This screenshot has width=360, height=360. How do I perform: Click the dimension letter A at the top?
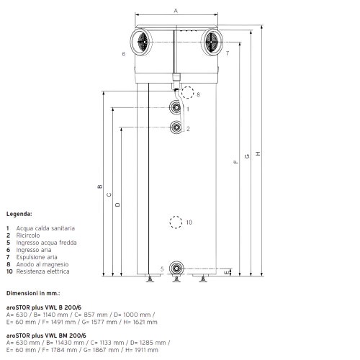coord(176,10)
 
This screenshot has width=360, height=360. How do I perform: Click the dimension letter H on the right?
coord(258,152)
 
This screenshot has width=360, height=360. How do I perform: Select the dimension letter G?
coord(247,157)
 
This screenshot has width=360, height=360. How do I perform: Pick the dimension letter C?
coord(109,194)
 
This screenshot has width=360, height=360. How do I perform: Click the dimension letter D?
coord(117,204)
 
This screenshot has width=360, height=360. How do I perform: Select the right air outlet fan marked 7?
coord(212,41)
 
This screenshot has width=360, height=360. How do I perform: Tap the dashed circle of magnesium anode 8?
coord(188,92)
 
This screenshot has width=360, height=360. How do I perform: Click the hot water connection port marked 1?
coord(176,108)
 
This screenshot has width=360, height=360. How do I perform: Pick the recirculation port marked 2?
coord(176,127)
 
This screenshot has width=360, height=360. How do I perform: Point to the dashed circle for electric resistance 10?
coord(175,222)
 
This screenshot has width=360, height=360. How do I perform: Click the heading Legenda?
coord(19,215)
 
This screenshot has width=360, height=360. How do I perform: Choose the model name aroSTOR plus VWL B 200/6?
coord(45,307)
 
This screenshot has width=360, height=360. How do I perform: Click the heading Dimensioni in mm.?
coord(33,294)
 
